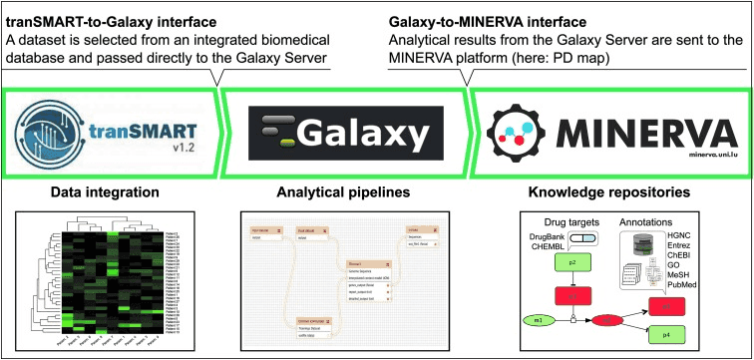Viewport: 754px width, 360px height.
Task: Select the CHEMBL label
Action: [x=548, y=246]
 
